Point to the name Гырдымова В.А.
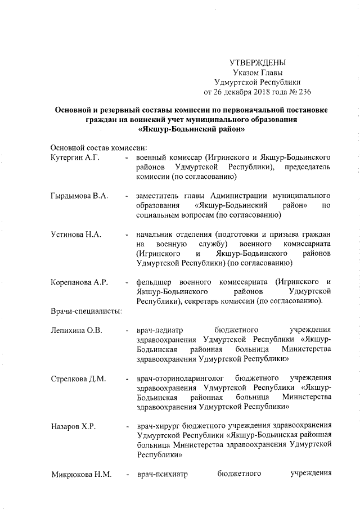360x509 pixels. [79, 196]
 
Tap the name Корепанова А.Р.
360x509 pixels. [79, 281]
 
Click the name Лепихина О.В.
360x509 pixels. [76, 330]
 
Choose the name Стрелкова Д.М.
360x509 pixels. [78, 377]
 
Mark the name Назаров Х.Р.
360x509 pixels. [73, 425]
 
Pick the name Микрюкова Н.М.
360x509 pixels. [81, 474]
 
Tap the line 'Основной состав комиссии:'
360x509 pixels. [94, 147]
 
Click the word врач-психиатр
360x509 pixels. [162, 474]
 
